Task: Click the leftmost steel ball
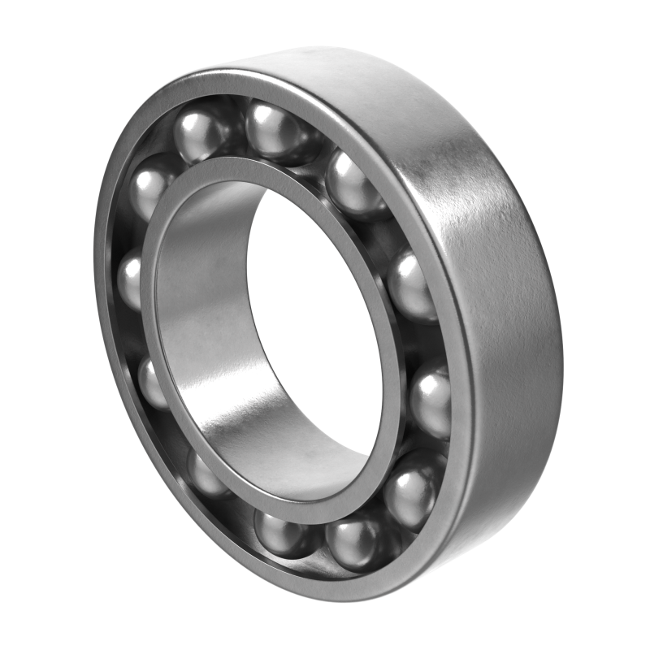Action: [130, 280]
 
